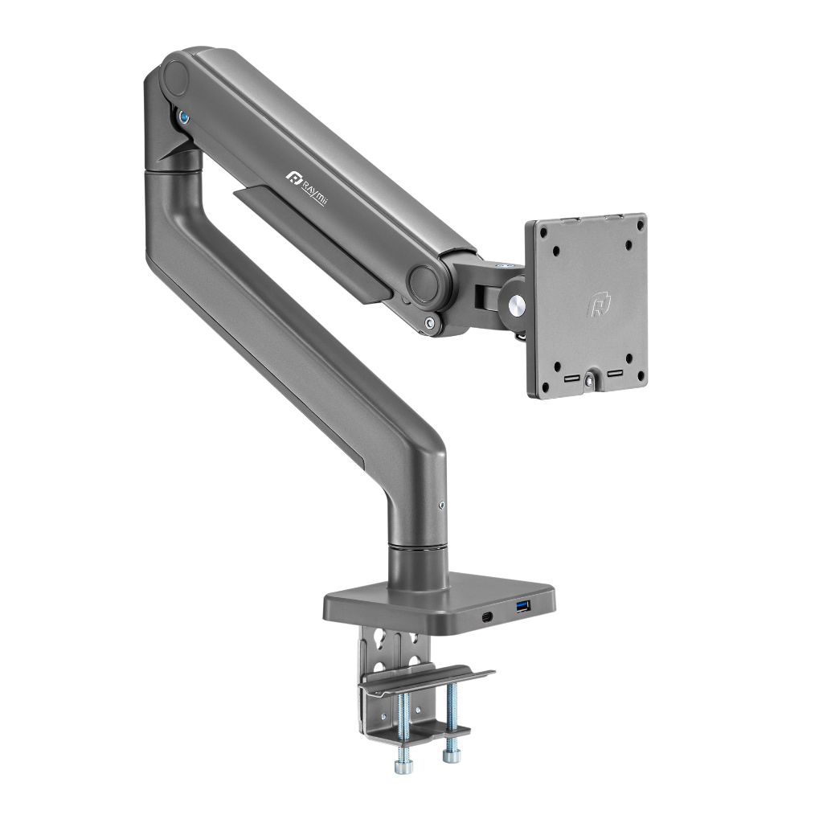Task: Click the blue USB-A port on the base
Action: point(522,608)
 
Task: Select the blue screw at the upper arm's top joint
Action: point(184,116)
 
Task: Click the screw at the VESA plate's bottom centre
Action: point(591,378)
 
